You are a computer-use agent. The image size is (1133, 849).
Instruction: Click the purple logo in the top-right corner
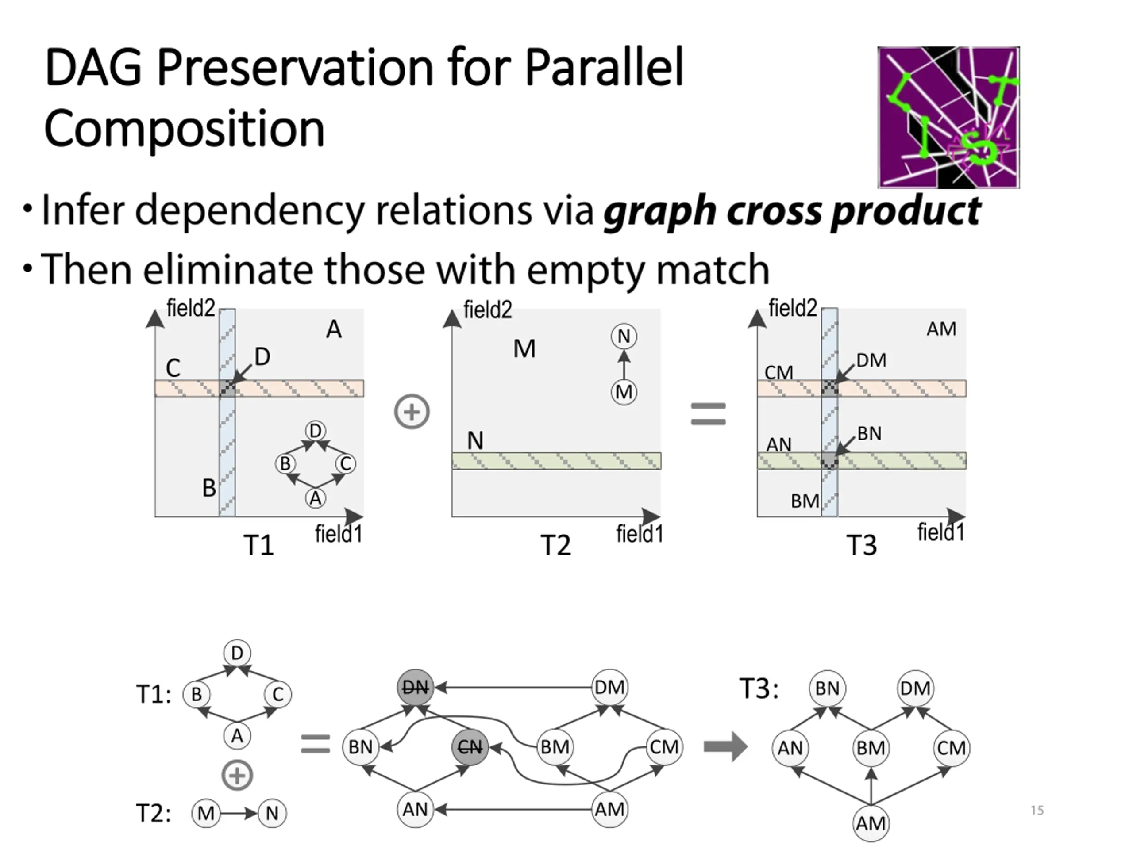[x=948, y=117]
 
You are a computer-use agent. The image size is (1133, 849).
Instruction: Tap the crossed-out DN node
[x=416, y=687]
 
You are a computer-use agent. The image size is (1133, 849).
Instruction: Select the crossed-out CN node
[x=469, y=748]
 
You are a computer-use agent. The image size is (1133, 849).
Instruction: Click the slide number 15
[x=1037, y=810]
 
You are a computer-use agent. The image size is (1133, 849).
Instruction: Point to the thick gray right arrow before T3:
[x=725, y=747]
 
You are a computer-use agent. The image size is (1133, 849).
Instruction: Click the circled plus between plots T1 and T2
[x=412, y=413]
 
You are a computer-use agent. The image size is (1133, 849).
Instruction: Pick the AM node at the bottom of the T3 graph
[x=871, y=823]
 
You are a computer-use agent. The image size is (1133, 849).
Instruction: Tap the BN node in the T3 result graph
[x=827, y=688]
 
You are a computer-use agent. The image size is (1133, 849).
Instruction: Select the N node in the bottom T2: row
[x=272, y=813]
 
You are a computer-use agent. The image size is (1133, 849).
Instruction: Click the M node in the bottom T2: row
[x=206, y=813]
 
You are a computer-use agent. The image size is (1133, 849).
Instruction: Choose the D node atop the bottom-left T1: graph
[x=237, y=653]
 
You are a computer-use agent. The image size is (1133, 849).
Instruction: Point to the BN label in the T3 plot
[x=869, y=434]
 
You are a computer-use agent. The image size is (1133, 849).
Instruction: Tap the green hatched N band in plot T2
[x=556, y=461]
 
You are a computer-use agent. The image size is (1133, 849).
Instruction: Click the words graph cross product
[x=792, y=211]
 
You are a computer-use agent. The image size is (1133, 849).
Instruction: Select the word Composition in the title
[x=185, y=128]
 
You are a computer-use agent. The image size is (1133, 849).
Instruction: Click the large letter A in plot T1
[x=334, y=329]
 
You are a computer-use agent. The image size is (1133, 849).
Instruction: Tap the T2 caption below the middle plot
[x=556, y=545]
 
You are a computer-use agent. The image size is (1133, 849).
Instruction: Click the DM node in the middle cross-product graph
[x=609, y=687]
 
